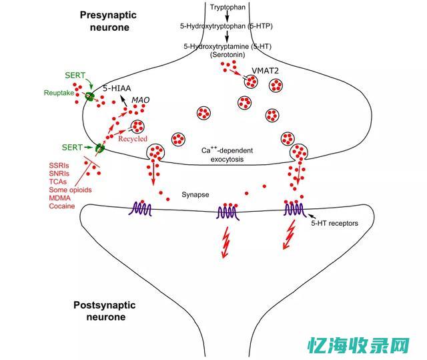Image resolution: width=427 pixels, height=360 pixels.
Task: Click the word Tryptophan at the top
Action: click(228, 6)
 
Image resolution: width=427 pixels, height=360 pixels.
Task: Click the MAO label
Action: click(140, 100)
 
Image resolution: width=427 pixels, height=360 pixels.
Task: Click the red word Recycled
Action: click(133, 139)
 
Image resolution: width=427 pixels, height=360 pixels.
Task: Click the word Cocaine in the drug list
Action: click(62, 206)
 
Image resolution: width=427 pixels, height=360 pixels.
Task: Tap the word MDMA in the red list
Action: click(61, 198)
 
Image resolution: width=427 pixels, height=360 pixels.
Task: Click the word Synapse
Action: click(195, 195)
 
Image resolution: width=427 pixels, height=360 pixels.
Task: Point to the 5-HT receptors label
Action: click(338, 224)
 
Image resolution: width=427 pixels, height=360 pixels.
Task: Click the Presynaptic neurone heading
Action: click(107, 21)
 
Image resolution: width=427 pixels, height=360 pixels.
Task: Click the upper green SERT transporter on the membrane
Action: click(89, 97)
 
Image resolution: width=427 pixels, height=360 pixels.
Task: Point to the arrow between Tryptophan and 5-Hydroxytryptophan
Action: click(228, 15)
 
